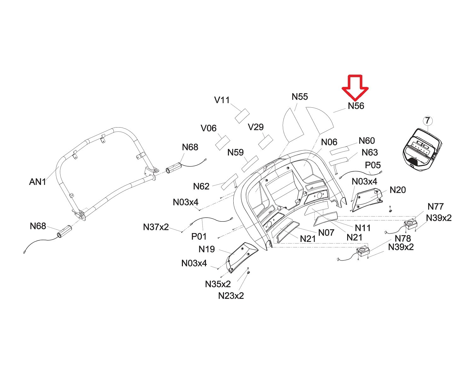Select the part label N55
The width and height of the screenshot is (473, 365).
point(300,97)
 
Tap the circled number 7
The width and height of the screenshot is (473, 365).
point(427,121)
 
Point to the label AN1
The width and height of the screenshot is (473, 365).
point(38,182)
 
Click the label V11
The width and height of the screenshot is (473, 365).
point(222,100)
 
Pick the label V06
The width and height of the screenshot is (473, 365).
point(208,128)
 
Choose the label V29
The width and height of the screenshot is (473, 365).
point(255,127)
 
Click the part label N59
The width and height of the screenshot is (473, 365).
point(236,152)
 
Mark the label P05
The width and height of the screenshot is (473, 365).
point(373,165)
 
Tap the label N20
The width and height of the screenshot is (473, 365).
point(398,190)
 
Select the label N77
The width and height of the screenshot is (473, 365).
point(435,207)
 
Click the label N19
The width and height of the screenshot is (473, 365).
point(207,249)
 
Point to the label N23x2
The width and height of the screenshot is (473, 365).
point(231,296)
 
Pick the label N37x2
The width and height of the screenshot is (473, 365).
point(156,227)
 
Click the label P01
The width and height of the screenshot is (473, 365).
point(199,236)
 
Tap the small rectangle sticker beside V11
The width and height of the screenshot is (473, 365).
point(242,116)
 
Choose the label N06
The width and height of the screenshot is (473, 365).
point(329,142)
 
